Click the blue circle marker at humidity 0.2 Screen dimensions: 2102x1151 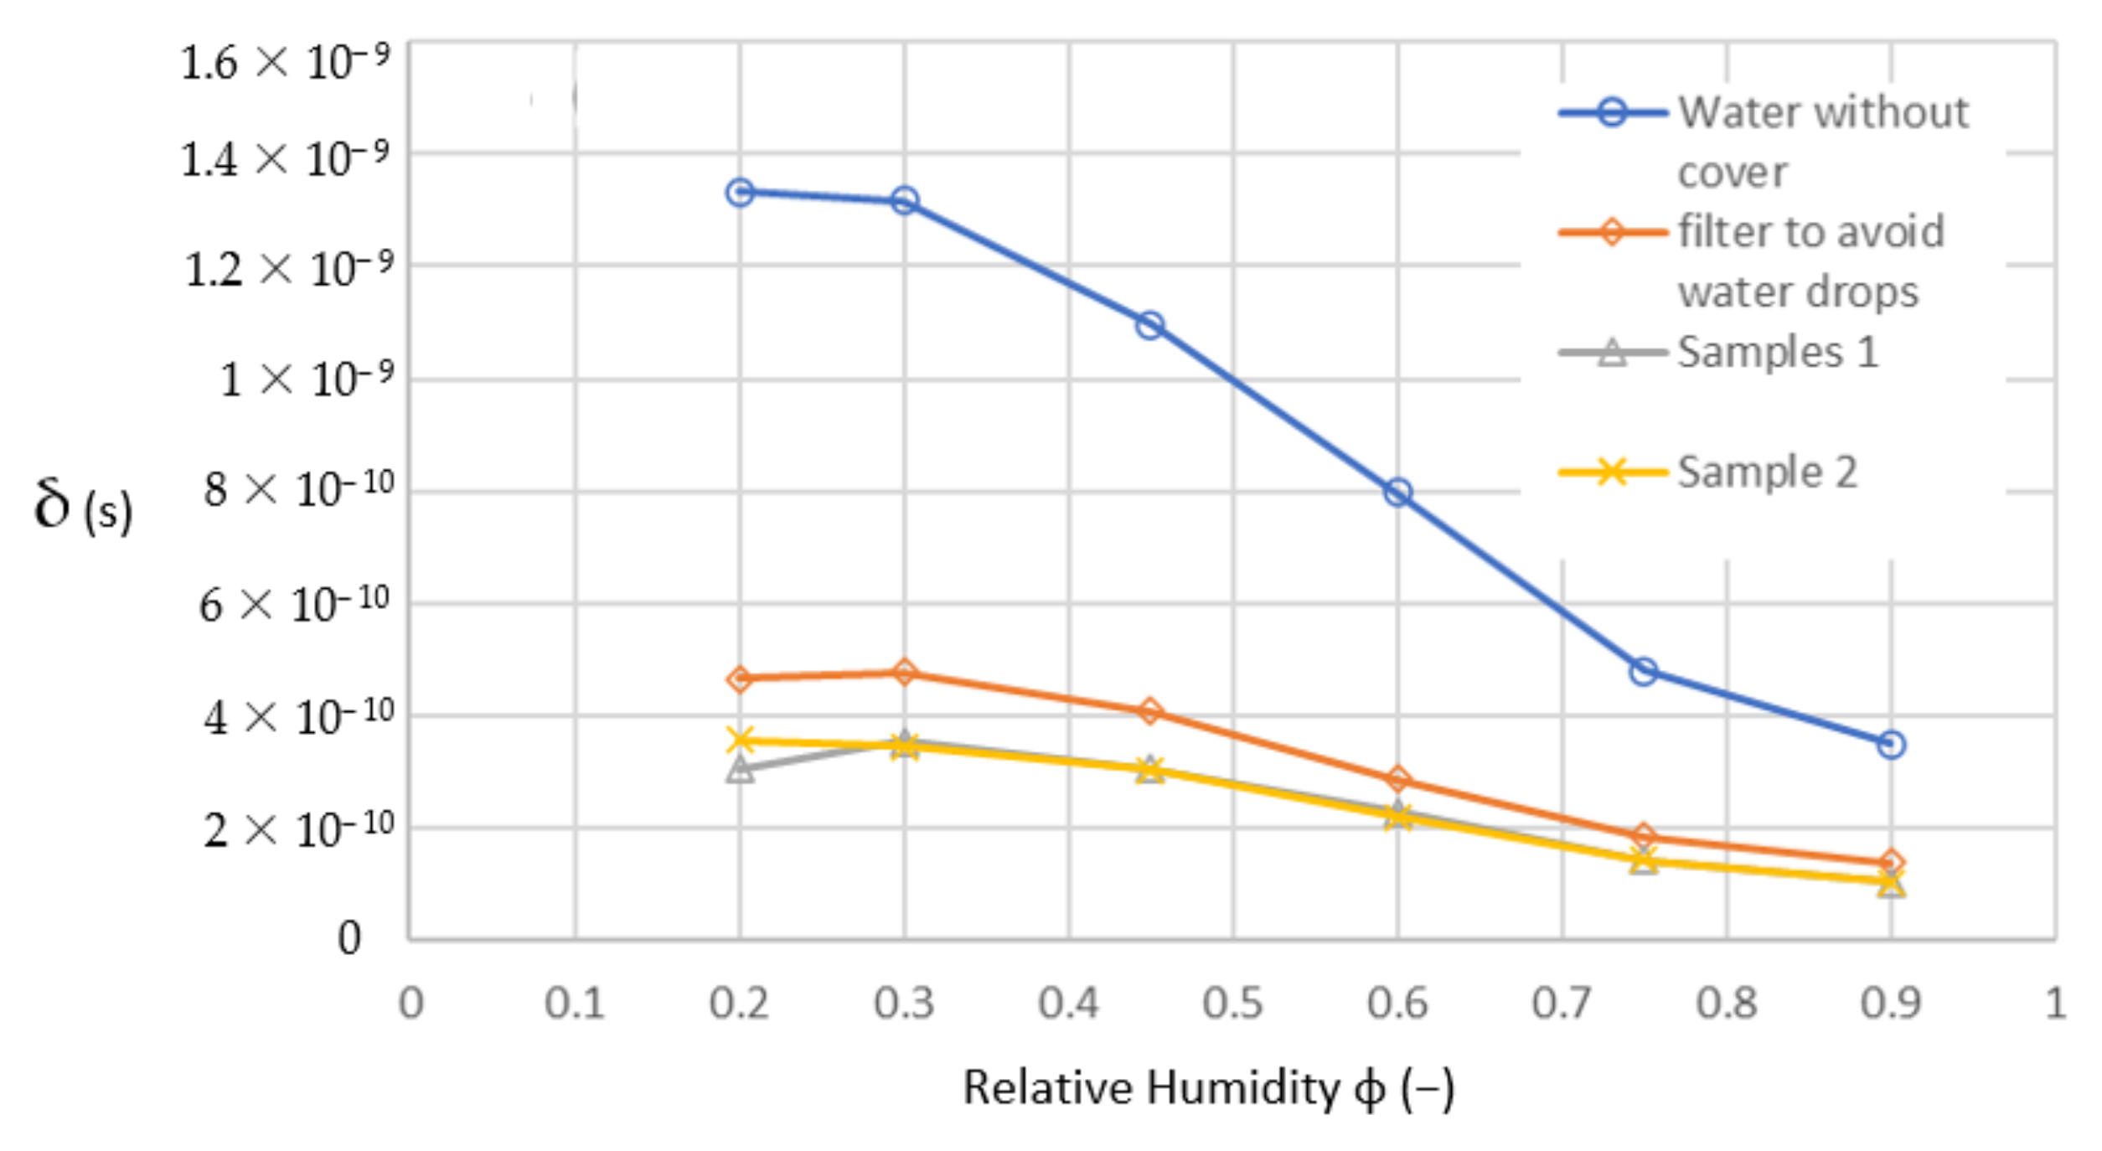(x=740, y=193)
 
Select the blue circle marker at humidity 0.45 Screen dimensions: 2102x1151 (x=1149, y=325)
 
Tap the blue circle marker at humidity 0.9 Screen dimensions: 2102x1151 (x=1891, y=744)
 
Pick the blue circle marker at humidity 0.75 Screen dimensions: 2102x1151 (x=1644, y=671)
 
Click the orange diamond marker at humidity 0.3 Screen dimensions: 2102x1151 (x=904, y=672)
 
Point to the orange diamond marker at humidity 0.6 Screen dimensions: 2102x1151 (x=1397, y=779)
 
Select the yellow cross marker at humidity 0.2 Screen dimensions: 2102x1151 (x=740, y=740)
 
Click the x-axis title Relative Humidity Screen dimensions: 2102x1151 (x=1207, y=1088)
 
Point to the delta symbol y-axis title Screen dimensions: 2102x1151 (x=82, y=505)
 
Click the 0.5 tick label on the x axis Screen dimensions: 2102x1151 (x=1232, y=1003)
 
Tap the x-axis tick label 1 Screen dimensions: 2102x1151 (x=2055, y=1003)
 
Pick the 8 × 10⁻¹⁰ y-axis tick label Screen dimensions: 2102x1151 (x=297, y=489)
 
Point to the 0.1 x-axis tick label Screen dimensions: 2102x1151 (x=575, y=1003)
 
